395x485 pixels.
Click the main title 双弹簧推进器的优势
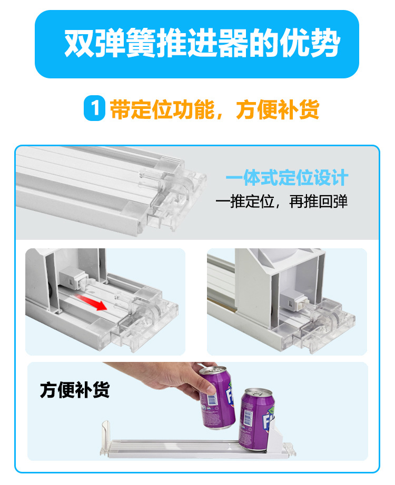point(202,44)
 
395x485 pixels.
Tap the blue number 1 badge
point(94,109)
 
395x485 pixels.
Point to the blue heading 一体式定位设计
point(287,178)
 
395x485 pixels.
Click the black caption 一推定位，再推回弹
point(282,202)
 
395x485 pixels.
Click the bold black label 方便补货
point(74,391)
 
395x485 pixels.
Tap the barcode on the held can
point(209,403)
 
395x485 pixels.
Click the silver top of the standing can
point(258,392)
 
